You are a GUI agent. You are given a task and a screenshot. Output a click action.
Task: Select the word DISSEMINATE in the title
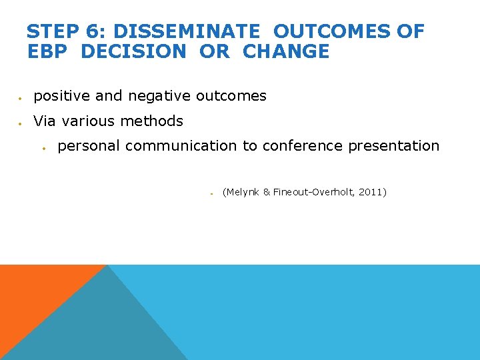(x=189, y=31)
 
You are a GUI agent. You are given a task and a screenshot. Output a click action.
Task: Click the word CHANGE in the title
(x=286, y=52)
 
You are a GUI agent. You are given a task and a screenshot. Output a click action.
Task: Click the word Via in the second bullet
(x=45, y=121)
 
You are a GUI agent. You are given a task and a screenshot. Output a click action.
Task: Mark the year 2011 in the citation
(x=371, y=192)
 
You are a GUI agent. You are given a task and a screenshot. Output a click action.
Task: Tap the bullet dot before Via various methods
(x=21, y=123)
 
